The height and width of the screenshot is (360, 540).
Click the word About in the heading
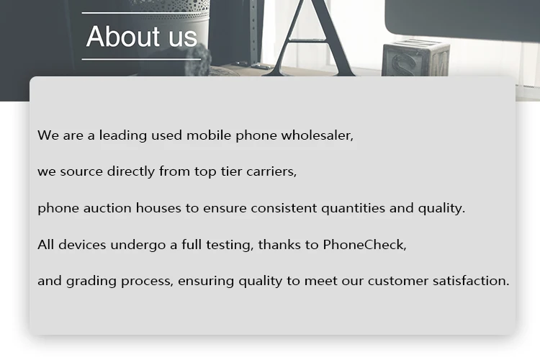(123, 36)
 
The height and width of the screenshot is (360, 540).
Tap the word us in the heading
(183, 38)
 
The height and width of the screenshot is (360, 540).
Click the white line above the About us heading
(145, 13)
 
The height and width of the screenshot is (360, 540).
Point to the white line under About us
(141, 59)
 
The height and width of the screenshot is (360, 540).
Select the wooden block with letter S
(415, 58)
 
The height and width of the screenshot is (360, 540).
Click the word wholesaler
(318, 135)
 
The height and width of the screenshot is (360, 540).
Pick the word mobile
(209, 135)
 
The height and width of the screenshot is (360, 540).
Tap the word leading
(123, 135)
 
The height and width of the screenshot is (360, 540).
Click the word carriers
(271, 171)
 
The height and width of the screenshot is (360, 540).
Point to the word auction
(107, 208)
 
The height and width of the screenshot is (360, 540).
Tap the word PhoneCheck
(365, 245)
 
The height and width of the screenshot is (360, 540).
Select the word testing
(230, 246)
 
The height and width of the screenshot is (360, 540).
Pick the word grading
(91, 282)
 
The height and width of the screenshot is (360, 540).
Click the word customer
(398, 281)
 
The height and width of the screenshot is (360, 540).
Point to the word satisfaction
(471, 281)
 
